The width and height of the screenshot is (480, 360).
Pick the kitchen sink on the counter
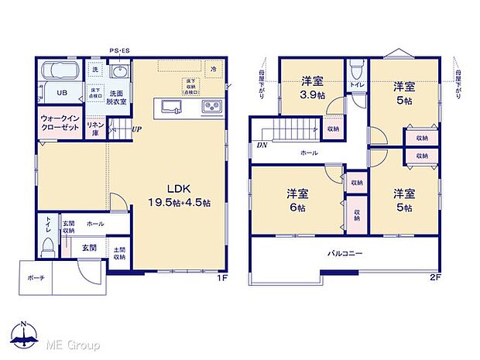[170, 106]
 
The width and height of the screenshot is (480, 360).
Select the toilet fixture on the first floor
[47, 245]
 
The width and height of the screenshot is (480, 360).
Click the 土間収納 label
[120, 253]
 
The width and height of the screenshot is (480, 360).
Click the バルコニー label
[345, 253]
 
